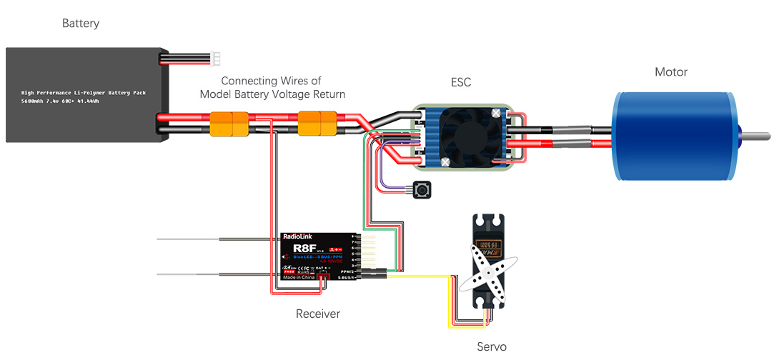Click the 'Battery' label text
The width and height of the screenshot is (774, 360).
[81, 24]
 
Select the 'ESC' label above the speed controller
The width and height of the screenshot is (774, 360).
[461, 83]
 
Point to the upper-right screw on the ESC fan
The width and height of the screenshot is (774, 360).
[496, 113]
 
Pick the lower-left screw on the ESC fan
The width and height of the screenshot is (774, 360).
[445, 162]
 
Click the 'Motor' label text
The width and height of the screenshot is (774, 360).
[671, 72]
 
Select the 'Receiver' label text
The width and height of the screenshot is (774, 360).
[318, 314]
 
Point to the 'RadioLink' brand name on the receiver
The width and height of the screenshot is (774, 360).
[297, 236]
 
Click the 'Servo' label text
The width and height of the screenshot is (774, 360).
[491, 346]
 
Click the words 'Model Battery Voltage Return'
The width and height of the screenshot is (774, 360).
[272, 94]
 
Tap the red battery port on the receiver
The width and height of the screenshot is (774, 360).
[324, 276]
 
